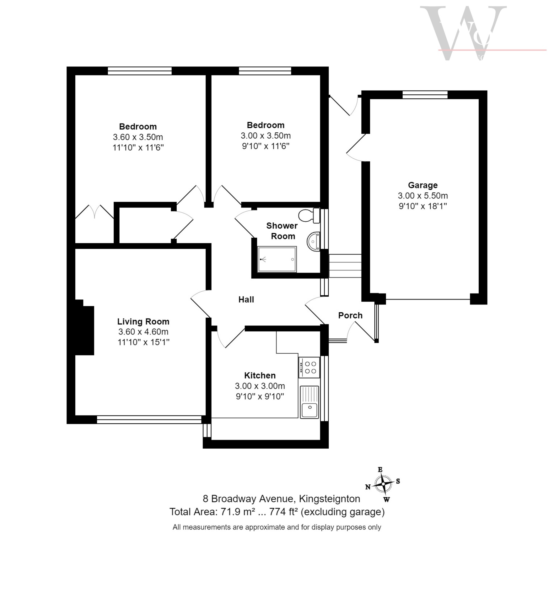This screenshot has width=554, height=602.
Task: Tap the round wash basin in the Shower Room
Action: click(x=313, y=241)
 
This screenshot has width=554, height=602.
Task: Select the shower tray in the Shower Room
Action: click(x=277, y=259)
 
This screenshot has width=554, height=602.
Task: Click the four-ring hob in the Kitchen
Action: click(x=309, y=367)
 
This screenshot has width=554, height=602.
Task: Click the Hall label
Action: click(x=246, y=299)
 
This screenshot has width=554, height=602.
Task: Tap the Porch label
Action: click(x=350, y=315)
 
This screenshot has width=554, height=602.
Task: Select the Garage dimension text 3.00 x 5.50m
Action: click(x=422, y=196)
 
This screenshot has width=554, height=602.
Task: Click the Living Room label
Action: click(x=143, y=321)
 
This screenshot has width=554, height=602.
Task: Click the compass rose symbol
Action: click(x=383, y=484)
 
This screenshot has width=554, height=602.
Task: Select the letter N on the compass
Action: click(x=368, y=487)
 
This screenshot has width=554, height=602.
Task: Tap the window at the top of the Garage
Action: click(x=425, y=94)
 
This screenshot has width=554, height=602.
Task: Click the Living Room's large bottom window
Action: click(x=149, y=419)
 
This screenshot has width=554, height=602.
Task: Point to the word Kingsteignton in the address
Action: click(x=329, y=499)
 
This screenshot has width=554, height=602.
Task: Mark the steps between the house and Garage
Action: click(x=345, y=266)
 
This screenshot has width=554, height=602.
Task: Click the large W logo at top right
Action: click(x=463, y=33)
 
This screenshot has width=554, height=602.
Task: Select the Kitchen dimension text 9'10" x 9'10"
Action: click(x=260, y=396)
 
